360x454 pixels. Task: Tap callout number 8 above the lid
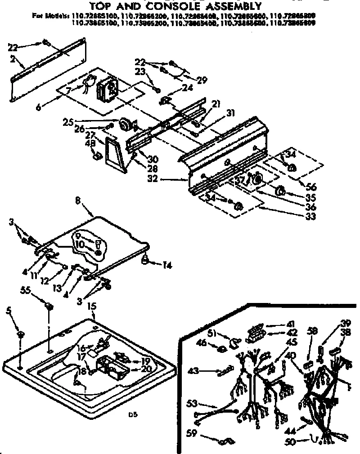[x=78, y=203]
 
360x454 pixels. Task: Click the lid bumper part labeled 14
[x=146, y=259]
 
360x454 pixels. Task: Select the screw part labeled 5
[x=20, y=335]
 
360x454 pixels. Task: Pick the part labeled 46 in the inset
[x=221, y=349]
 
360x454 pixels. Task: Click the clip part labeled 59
[x=222, y=442]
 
